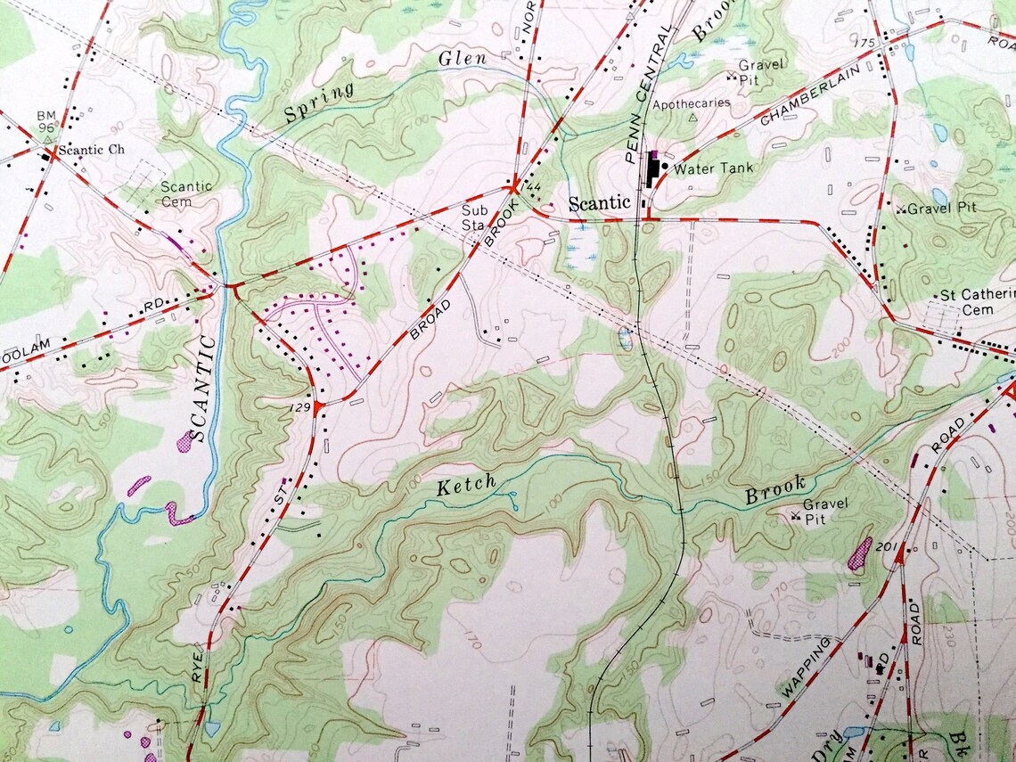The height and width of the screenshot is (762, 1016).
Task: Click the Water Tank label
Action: click(x=713, y=168)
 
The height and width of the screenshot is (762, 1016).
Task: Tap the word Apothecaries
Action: click(x=692, y=103)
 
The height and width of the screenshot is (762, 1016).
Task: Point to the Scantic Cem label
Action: click(x=186, y=193)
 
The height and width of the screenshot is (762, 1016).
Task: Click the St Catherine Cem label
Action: click(x=977, y=303)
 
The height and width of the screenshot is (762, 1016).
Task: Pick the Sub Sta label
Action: click(x=474, y=217)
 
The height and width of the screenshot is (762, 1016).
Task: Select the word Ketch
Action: click(x=466, y=486)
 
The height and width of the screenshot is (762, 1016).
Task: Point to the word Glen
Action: click(x=463, y=60)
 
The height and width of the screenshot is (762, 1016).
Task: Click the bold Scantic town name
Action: click(x=600, y=203)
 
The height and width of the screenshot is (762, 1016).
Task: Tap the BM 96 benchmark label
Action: click(x=46, y=122)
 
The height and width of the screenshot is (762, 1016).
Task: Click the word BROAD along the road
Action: click(x=431, y=319)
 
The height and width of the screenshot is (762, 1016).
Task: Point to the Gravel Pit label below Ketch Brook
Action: click(x=825, y=510)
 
